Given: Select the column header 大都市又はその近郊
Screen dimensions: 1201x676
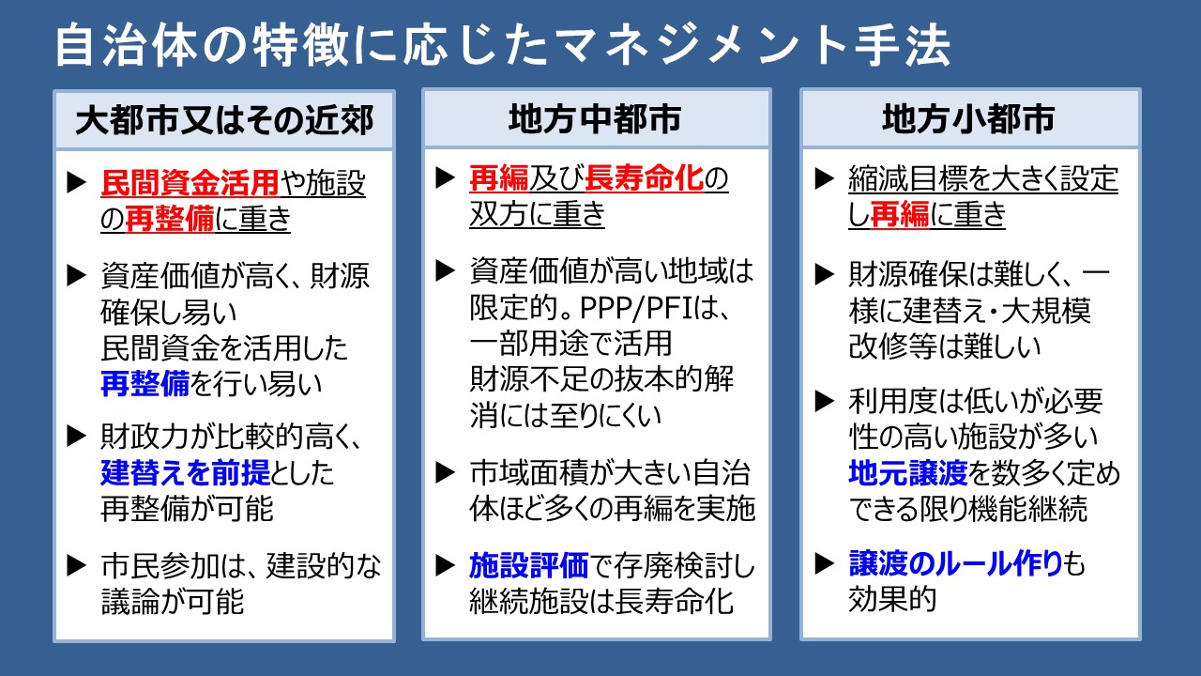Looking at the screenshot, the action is tap(224, 120).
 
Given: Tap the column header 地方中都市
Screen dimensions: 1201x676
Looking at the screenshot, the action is tap(595, 118).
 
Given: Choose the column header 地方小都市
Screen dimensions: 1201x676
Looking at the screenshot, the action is tap(968, 118).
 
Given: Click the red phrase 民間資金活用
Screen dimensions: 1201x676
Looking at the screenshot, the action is tap(190, 183).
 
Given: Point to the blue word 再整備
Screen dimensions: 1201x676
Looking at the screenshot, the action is tap(144, 384).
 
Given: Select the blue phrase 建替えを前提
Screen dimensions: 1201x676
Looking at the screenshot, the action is tap(185, 472).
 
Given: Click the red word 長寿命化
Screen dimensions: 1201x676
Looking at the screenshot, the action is tap(644, 178).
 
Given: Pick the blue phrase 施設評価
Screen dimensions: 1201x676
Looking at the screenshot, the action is tap(528, 565).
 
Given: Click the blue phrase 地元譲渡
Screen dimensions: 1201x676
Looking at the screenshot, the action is tap(908, 472).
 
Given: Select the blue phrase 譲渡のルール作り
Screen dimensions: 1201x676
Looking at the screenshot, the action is tap(955, 563).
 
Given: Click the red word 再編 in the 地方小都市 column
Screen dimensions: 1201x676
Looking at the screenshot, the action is tap(900, 214).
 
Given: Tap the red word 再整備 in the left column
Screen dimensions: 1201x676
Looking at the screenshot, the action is tap(170, 219).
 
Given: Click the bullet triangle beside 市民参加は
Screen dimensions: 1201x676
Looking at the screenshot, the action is tap(77, 565).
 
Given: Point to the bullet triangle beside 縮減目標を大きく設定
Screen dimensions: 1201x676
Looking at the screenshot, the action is tap(824, 178).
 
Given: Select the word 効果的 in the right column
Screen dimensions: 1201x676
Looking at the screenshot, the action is tap(892, 599).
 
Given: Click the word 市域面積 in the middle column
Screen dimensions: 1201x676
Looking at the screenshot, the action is tap(528, 472).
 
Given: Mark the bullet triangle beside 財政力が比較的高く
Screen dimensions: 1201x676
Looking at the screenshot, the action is tap(77, 437).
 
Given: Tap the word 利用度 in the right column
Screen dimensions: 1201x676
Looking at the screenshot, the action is tap(892, 400).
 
